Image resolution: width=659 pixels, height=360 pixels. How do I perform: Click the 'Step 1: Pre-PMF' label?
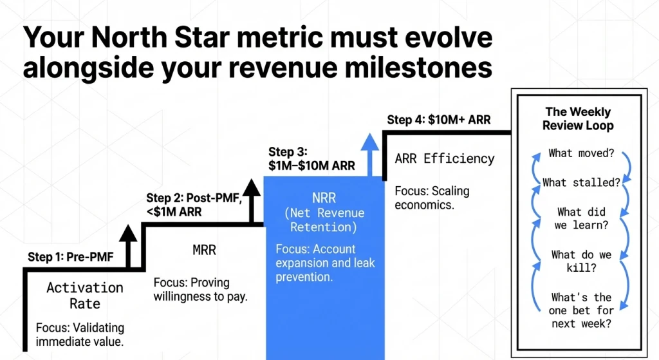[70, 257]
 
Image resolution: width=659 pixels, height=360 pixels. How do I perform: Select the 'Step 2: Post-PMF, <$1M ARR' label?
[192, 204]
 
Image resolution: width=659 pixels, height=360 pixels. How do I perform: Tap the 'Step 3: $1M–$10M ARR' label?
[311, 158]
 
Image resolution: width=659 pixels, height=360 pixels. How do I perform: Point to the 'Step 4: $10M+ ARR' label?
[438, 120]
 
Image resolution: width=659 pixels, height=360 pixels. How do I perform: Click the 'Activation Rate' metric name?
[84, 295]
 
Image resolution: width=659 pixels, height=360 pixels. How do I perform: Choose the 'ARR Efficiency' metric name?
[445, 158]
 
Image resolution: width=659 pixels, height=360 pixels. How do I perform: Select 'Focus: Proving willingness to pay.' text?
[201, 290]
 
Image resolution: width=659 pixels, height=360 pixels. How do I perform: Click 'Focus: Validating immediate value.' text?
[80, 334]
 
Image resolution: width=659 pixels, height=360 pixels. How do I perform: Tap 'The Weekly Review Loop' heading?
[578, 118]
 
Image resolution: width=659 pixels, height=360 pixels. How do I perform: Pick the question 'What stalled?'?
[581, 182]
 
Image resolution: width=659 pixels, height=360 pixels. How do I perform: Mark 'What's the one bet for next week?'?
[581, 310]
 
